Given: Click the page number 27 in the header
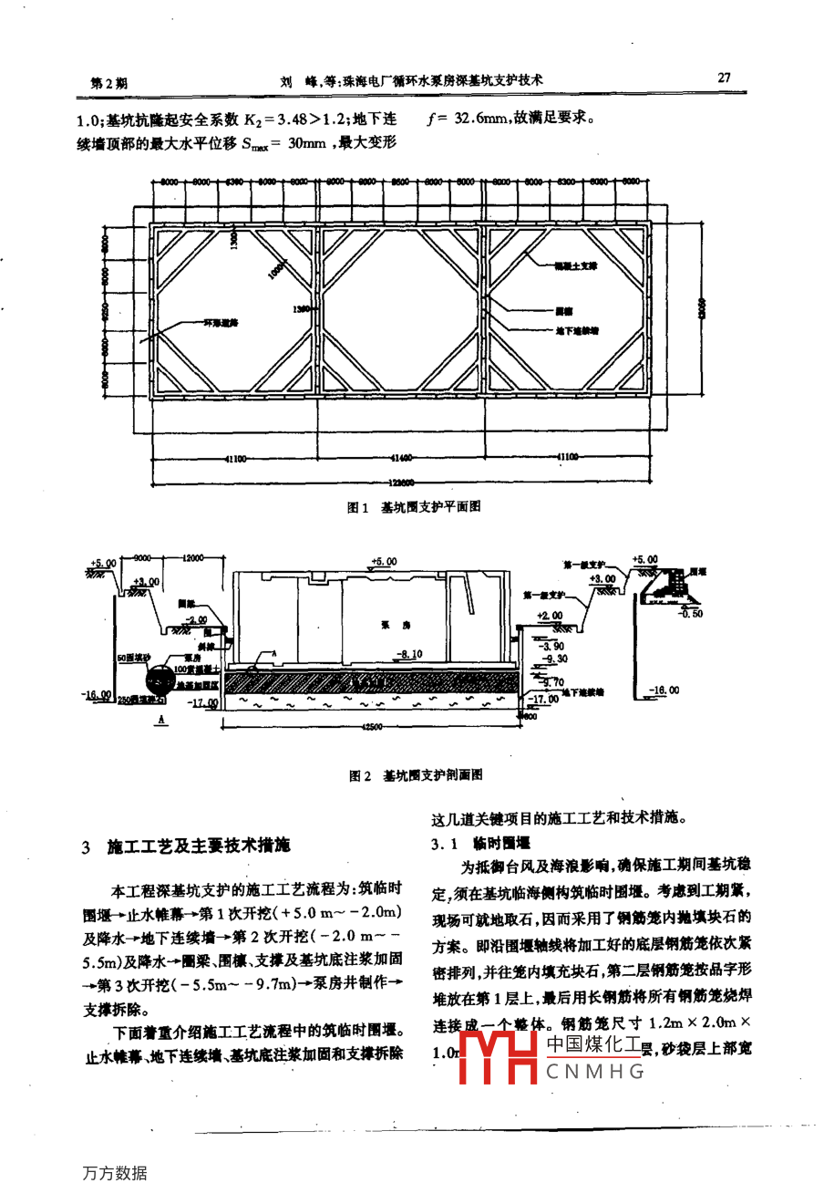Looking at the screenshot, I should click(724, 78).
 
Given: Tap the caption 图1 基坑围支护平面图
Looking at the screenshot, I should click(413, 507).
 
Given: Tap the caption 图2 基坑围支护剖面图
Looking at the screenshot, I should click(415, 775).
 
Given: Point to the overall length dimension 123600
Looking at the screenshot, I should click(400, 483).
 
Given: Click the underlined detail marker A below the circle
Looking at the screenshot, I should click(161, 721).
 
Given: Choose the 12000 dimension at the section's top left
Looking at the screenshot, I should click(192, 557).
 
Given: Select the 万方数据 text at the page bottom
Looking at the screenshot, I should click(114, 1173).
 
